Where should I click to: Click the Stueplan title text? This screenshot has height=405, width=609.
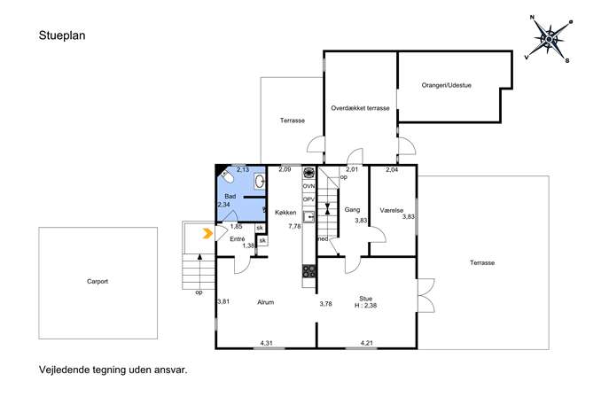click(x=62, y=35)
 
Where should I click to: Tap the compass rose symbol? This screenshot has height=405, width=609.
click(x=549, y=39)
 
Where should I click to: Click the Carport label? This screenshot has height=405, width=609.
click(x=98, y=282)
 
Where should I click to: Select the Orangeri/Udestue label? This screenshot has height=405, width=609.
click(x=446, y=85)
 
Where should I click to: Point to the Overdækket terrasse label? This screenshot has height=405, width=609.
click(x=360, y=108)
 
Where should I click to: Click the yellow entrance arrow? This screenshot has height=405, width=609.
click(x=208, y=233)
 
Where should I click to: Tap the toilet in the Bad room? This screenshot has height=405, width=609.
click(x=227, y=176)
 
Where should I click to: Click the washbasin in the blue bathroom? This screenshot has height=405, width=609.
click(x=260, y=181)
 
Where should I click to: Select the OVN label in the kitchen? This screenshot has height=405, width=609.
click(x=308, y=186)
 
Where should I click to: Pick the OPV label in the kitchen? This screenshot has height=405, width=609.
click(x=308, y=199)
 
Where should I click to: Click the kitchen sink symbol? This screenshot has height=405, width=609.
click(x=308, y=217)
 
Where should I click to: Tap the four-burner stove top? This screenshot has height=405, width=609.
click(x=309, y=271)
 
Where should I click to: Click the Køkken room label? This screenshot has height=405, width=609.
click(x=285, y=213)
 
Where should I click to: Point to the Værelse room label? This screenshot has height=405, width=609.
click(x=392, y=210)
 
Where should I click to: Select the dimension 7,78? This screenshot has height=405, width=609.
click(x=294, y=226)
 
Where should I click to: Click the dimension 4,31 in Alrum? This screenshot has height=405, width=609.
click(x=267, y=343)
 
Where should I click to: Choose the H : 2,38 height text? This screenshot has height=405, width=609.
click(x=365, y=306)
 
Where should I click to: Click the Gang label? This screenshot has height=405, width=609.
click(x=352, y=210)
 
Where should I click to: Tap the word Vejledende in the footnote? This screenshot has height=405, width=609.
click(x=64, y=370)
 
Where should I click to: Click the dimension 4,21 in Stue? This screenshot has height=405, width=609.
click(x=367, y=343)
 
